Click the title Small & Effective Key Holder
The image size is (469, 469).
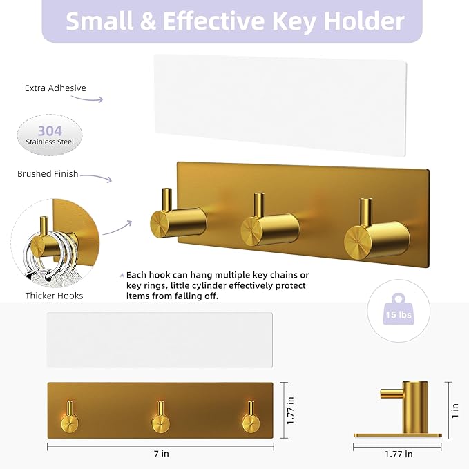pyautogui.click(x=235, y=21)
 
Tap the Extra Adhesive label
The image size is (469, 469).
pyautogui.click(x=55, y=88)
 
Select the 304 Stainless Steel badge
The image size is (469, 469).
pyautogui.click(x=50, y=135)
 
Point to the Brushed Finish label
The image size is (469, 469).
pyautogui.click(x=48, y=174)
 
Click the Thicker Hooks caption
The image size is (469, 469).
pyautogui.click(x=54, y=296)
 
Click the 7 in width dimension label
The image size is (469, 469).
pyautogui.click(x=162, y=454)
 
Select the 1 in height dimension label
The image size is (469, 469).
pyautogui.click(x=455, y=410)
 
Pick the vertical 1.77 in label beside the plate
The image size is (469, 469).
pyautogui.click(x=290, y=410)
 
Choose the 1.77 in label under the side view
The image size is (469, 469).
pyautogui.click(x=399, y=454)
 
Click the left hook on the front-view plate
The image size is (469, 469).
pyautogui.click(x=70, y=417)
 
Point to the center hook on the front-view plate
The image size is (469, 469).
pyautogui.click(x=161, y=417)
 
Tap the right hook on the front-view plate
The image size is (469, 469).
pyautogui.click(x=251, y=417)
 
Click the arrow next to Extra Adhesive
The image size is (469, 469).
pyautogui.click(x=87, y=99)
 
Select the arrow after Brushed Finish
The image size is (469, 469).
pyautogui.click(x=96, y=177)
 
